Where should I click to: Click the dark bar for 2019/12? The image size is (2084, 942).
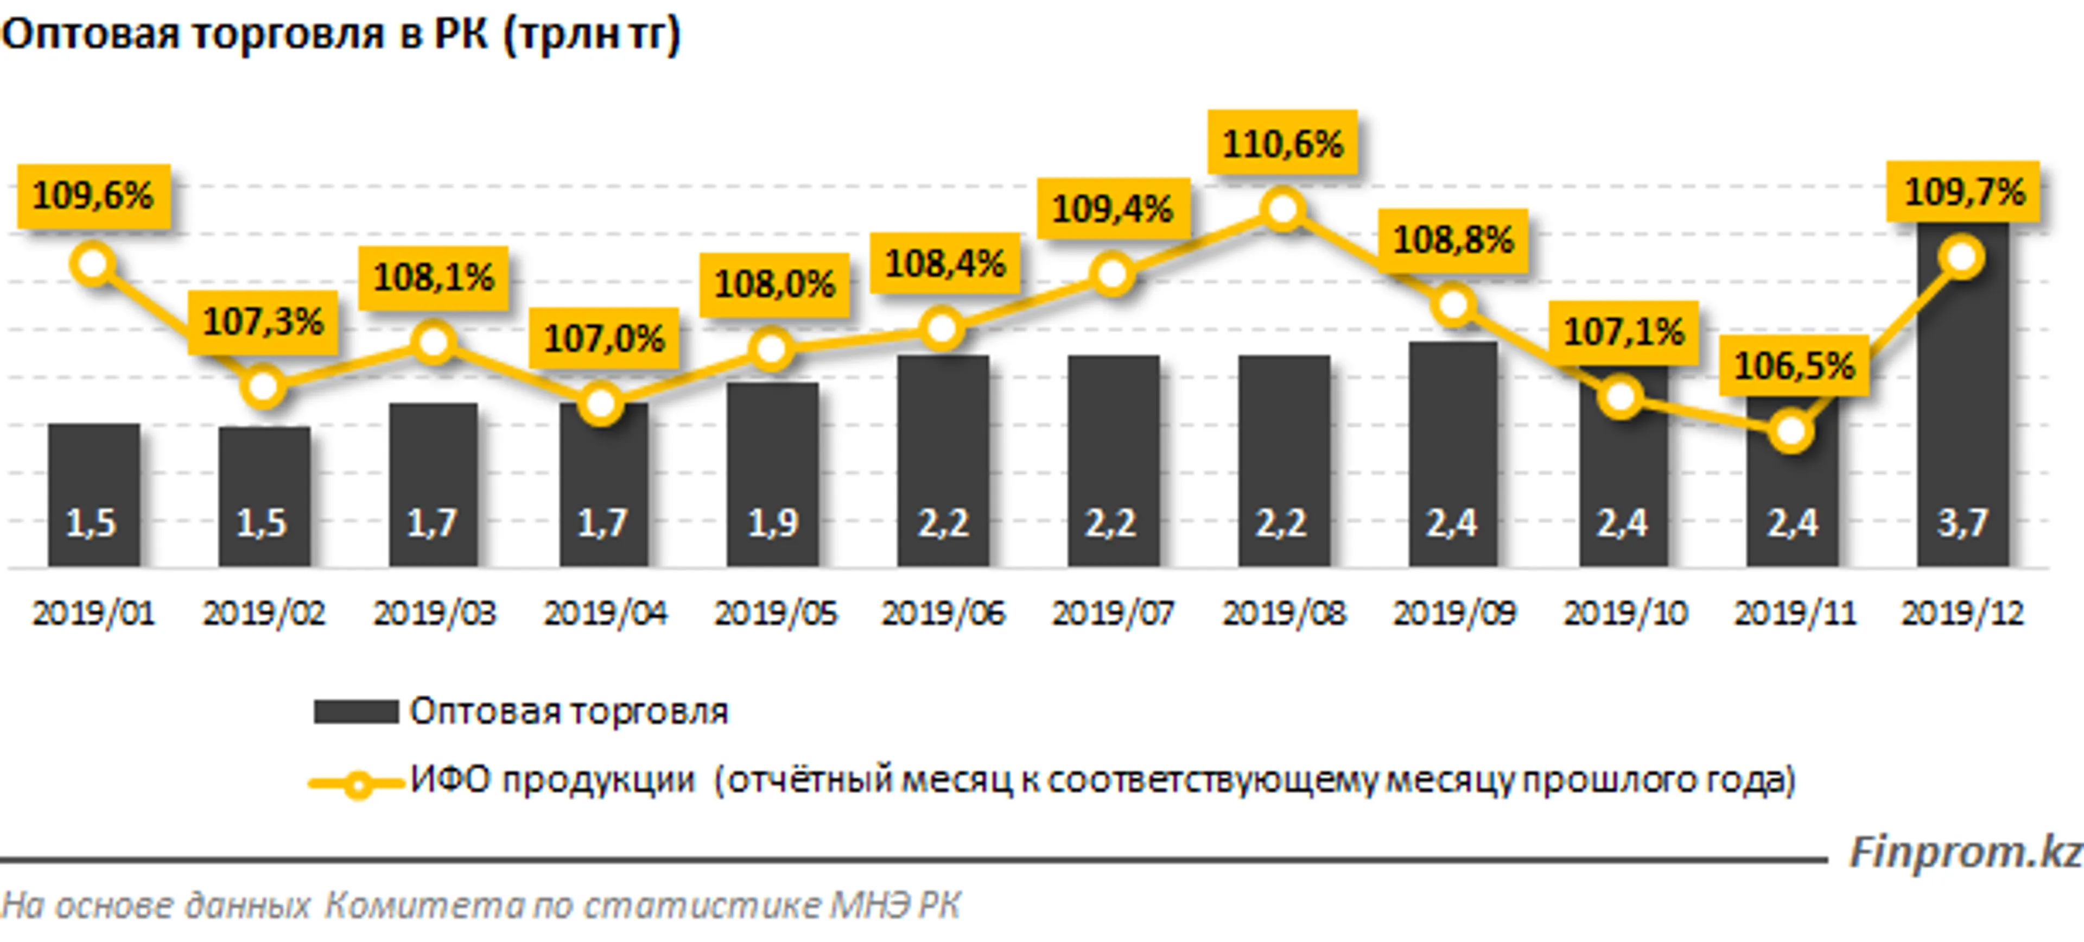coord(1962,404)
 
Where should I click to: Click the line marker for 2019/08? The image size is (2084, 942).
coord(1283,210)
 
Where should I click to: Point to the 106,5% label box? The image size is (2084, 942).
coord(1794,366)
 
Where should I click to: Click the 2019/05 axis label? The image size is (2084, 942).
coord(775,614)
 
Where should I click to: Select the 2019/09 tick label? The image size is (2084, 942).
coord(1454,614)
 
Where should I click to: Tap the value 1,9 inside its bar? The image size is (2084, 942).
coord(773,523)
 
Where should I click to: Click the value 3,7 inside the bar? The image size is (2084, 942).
coord(1962,523)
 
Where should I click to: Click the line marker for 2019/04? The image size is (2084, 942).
coord(600,404)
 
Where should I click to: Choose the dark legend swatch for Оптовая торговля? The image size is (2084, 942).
coord(356,712)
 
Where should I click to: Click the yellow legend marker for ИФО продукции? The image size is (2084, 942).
coord(357,783)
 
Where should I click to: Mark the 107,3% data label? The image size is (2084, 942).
coord(263,322)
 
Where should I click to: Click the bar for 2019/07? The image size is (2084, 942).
coord(1113,461)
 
